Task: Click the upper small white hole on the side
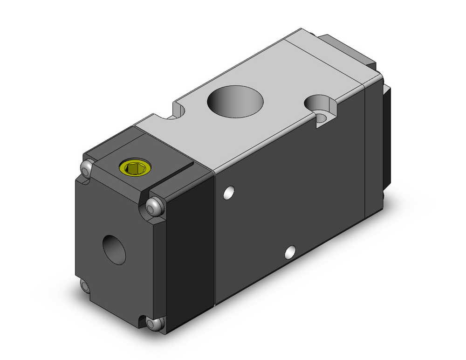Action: [x=228, y=192]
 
